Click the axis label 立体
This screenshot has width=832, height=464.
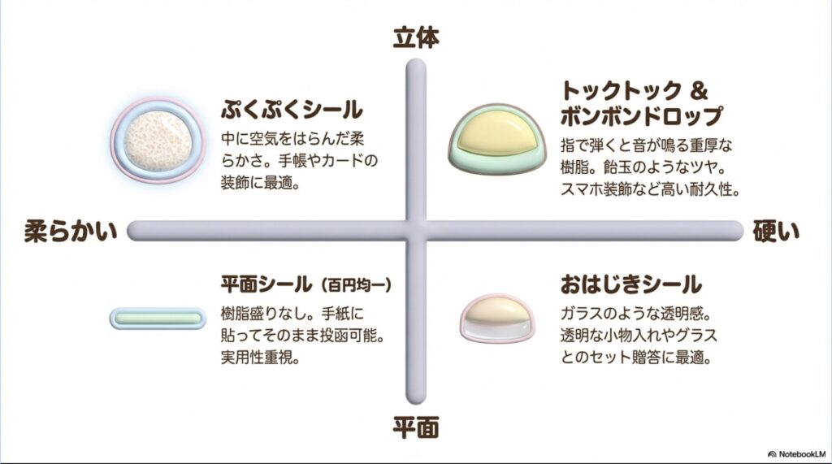tap(416, 37)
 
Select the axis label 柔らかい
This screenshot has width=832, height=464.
tap(71, 231)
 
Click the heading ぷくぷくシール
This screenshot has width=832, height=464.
tap(292, 110)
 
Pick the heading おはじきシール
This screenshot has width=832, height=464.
tap(630, 284)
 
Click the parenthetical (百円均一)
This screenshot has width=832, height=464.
tap(357, 285)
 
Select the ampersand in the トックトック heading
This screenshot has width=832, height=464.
tap(700, 89)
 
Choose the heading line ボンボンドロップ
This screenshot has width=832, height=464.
tap(640, 116)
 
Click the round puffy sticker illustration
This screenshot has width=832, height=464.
tap(154, 138)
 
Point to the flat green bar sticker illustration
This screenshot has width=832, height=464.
tap(158, 318)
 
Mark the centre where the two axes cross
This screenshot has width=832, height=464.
tap(416, 231)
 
